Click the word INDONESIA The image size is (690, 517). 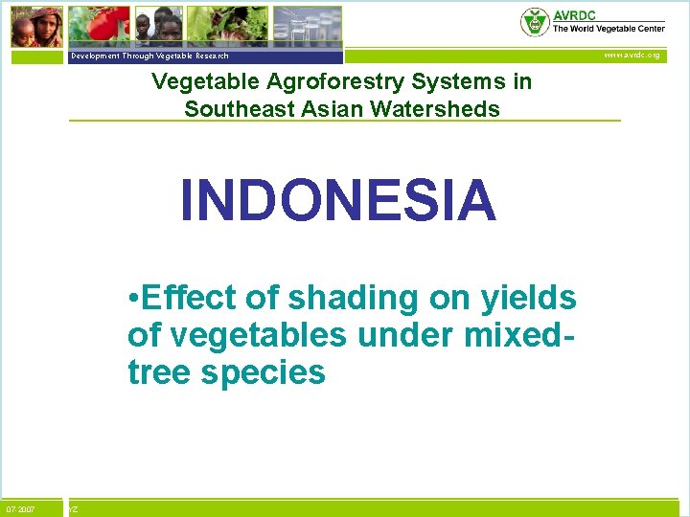coord(338,200)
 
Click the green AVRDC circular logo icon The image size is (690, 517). coord(534,21)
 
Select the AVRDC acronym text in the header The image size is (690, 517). coord(573,14)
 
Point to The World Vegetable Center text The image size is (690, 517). coord(608,29)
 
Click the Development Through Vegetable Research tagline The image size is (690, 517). coord(149,56)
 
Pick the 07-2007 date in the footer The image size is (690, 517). coord(20,509)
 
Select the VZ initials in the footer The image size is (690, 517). coord(74,509)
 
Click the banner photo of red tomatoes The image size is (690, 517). coord(99,25)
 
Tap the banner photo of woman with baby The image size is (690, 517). coord(37,26)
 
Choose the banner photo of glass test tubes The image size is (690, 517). coord(306,25)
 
